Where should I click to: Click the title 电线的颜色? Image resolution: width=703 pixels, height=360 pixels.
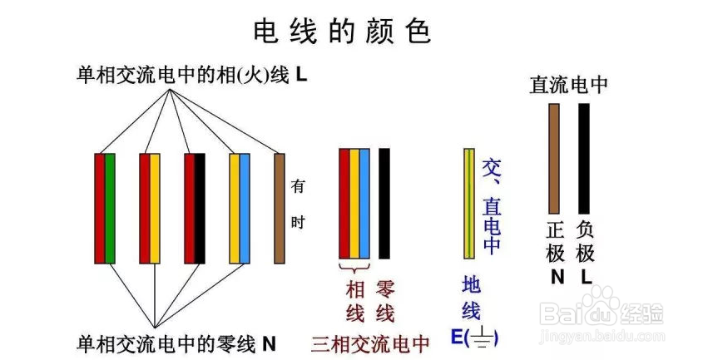point(342,31)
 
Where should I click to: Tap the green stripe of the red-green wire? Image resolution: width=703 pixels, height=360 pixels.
point(110,208)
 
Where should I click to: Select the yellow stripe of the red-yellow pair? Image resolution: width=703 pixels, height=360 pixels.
point(155,208)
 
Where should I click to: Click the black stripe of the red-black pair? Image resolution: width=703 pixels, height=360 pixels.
point(200,208)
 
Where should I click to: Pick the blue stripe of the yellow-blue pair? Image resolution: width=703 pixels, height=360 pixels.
point(245,208)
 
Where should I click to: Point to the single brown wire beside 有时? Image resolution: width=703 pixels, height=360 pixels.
point(280,208)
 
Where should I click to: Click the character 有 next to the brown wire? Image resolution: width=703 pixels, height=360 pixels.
point(297,187)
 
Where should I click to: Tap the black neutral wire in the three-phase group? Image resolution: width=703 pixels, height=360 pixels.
point(384,203)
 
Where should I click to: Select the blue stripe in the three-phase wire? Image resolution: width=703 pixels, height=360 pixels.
point(364,203)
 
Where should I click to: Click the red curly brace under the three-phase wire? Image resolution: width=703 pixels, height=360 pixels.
point(354,268)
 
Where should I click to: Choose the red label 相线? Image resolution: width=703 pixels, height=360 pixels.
point(355,301)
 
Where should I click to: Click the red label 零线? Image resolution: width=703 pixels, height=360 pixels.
point(385,301)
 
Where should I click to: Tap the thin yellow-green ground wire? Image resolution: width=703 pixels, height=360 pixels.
point(469,203)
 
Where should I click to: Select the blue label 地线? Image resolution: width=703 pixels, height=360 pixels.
point(471,298)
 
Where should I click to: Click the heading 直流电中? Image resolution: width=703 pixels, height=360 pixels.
point(569,85)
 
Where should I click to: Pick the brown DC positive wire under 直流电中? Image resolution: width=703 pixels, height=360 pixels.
point(554,158)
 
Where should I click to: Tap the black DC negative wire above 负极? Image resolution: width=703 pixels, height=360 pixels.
point(584,158)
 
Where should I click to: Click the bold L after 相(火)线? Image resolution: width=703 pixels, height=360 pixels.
point(301,75)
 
